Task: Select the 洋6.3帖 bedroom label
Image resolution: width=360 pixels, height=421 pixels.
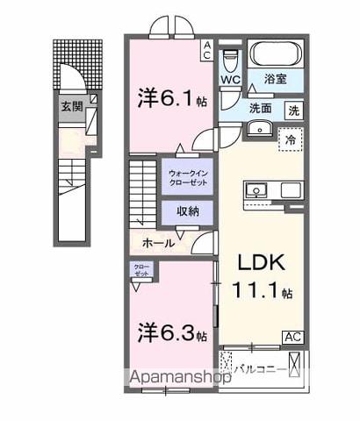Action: (x=172, y=334)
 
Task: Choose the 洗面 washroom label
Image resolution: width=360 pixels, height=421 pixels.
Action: (x=259, y=110)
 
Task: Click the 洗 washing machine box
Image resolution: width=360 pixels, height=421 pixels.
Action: (x=295, y=111)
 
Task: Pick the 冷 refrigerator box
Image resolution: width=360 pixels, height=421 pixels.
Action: (x=288, y=139)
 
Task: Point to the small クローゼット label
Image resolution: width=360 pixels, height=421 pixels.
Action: (x=141, y=270)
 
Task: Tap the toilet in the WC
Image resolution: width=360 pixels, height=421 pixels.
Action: (x=230, y=60)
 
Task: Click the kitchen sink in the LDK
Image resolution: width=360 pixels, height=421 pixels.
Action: (x=258, y=189)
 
